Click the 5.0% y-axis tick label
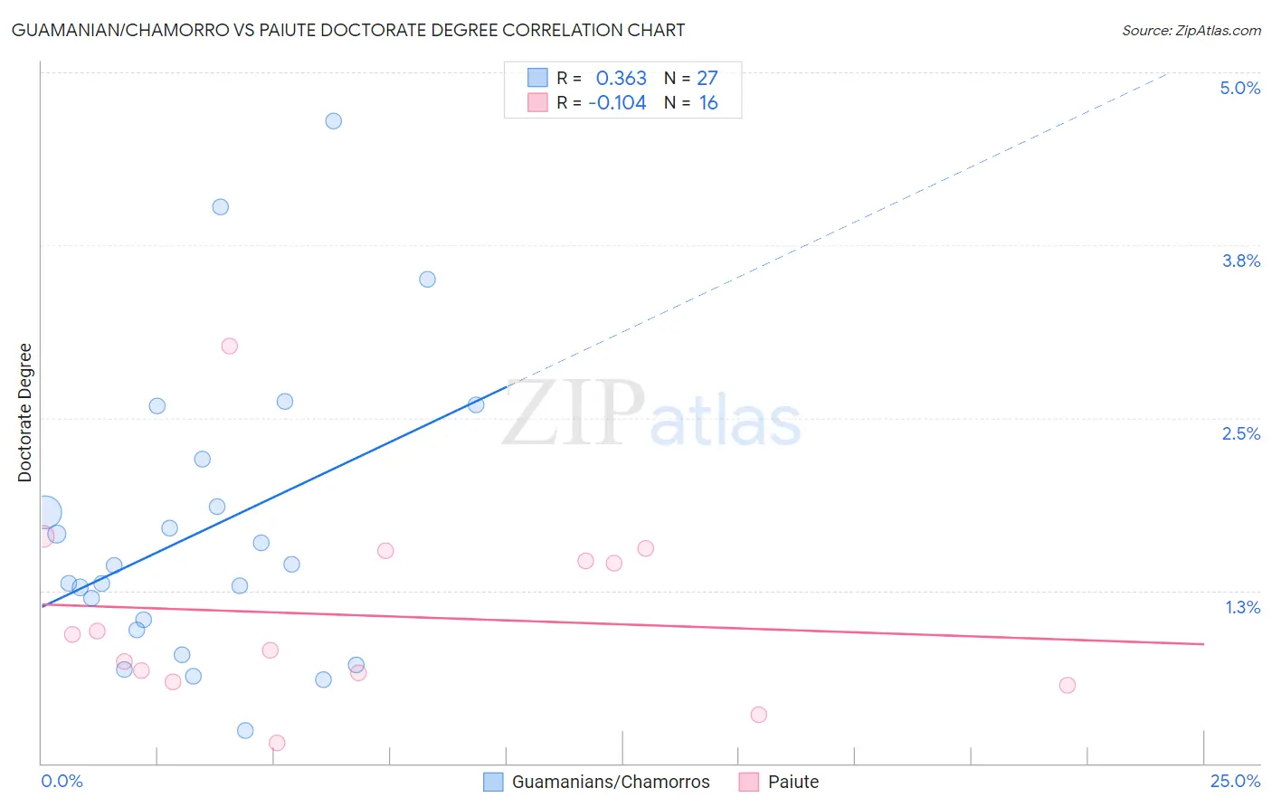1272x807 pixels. [x=1239, y=88]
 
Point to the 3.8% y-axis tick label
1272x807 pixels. [x=1240, y=261]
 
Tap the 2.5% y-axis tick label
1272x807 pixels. [x=1240, y=433]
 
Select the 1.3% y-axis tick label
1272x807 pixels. [x=1242, y=607]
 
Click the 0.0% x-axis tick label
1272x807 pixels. [x=62, y=781]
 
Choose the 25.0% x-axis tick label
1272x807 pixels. [x=1235, y=781]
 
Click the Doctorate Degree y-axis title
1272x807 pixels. [x=24, y=413]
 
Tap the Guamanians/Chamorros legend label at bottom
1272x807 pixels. [x=611, y=782]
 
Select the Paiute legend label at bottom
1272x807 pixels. [x=793, y=782]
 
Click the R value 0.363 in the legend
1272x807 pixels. [x=621, y=78]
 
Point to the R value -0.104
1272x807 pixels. [x=617, y=102]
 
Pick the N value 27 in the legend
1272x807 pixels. [x=707, y=78]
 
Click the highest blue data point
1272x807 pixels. [x=333, y=121]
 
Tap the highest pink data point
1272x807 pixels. [x=230, y=346]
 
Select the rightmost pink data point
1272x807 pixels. [x=1067, y=685]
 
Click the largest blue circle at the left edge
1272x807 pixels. [x=45, y=513]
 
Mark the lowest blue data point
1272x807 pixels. [x=245, y=730]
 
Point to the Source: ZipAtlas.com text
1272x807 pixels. [x=1191, y=31]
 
